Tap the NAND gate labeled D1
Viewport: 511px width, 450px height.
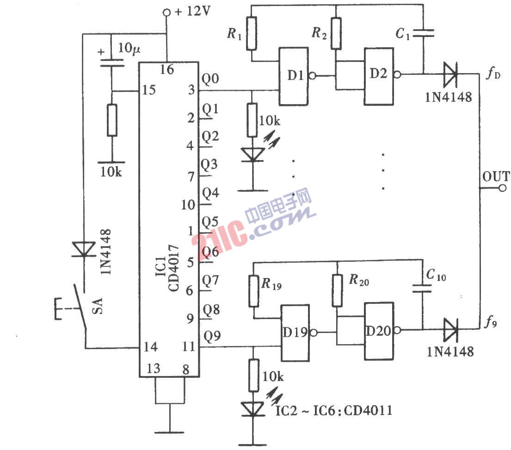click(x=293, y=75)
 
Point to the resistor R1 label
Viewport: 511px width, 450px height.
click(x=234, y=33)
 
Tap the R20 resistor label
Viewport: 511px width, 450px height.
click(x=359, y=280)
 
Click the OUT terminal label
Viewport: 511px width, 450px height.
click(x=496, y=177)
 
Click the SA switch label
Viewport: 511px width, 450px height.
click(x=98, y=306)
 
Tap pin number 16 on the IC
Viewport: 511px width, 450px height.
click(x=166, y=70)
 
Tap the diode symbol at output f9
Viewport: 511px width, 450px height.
click(x=450, y=330)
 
